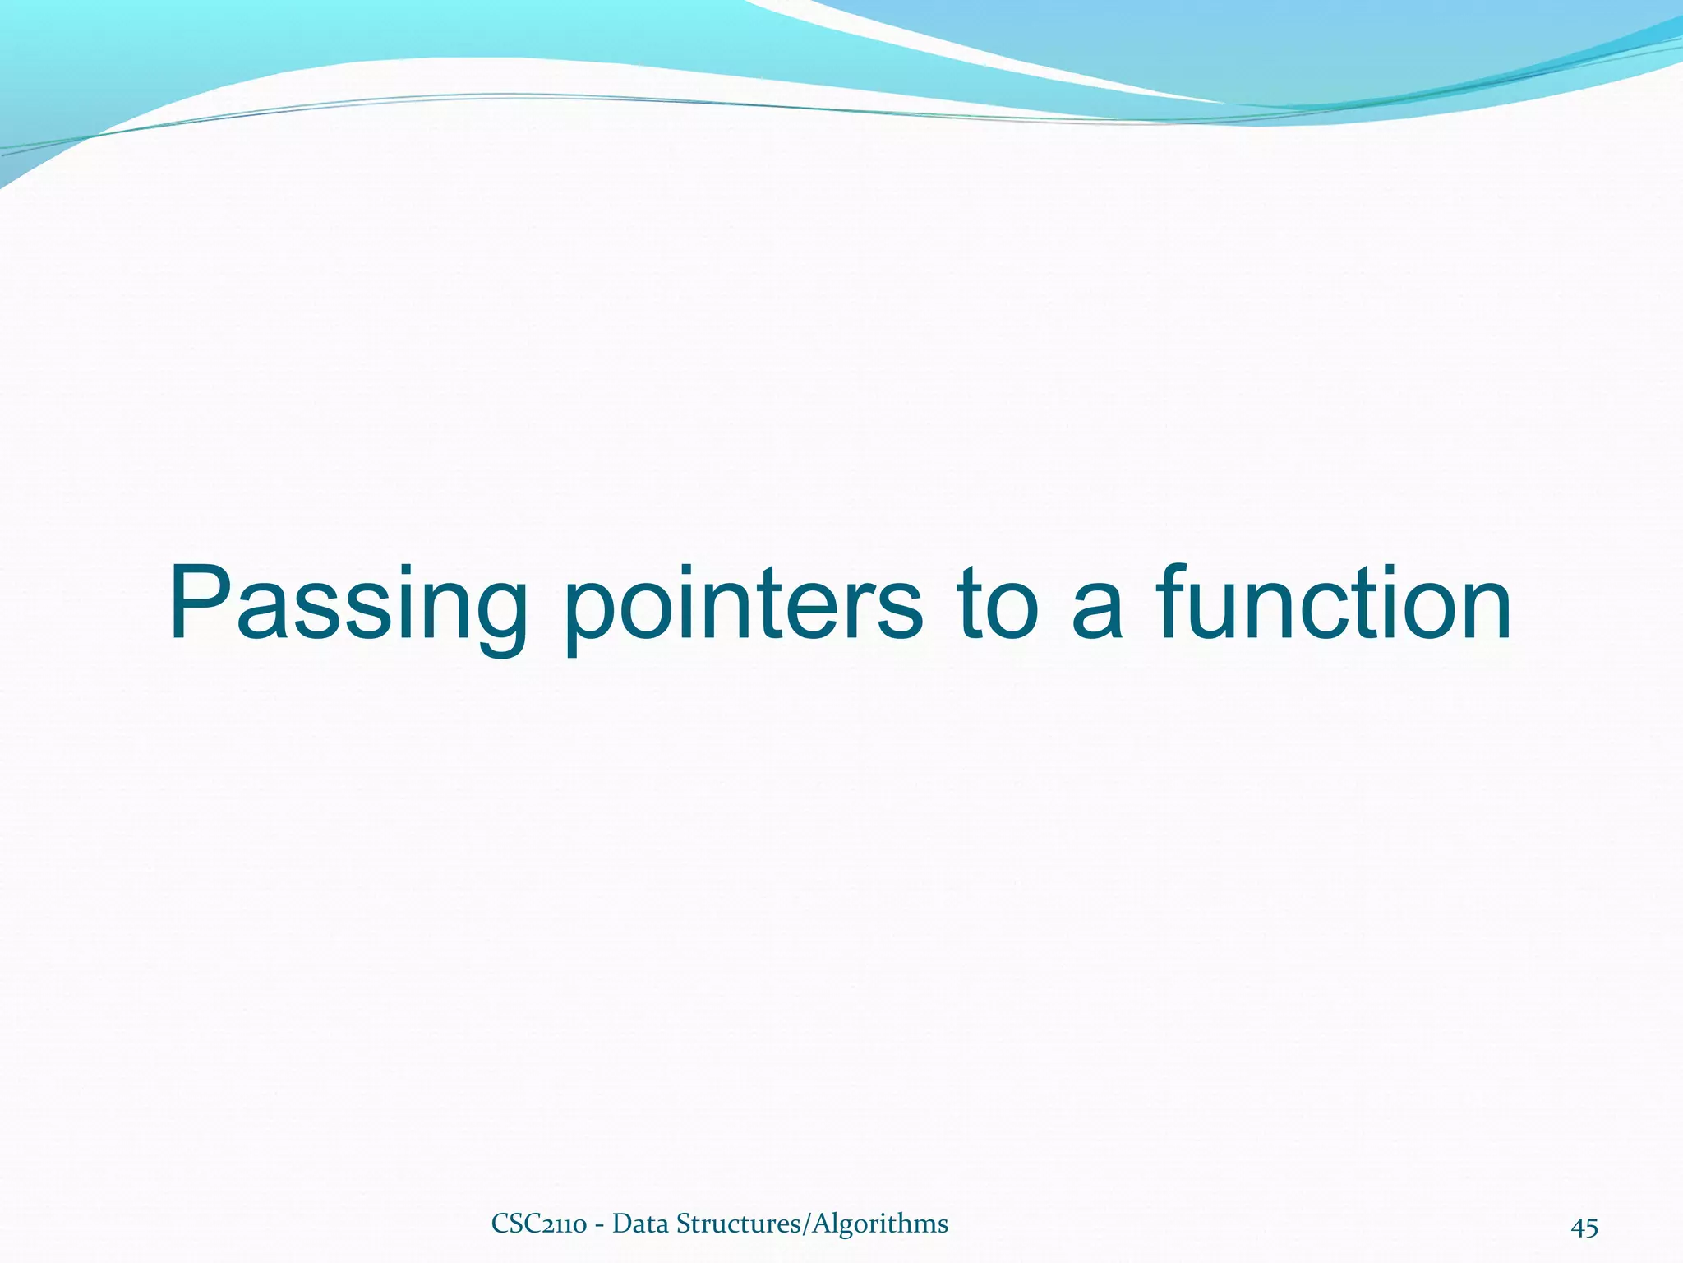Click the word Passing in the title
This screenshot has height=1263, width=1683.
tap(348, 604)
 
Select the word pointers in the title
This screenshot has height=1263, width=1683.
tap(743, 604)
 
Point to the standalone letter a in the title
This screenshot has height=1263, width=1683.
tap(1097, 613)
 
